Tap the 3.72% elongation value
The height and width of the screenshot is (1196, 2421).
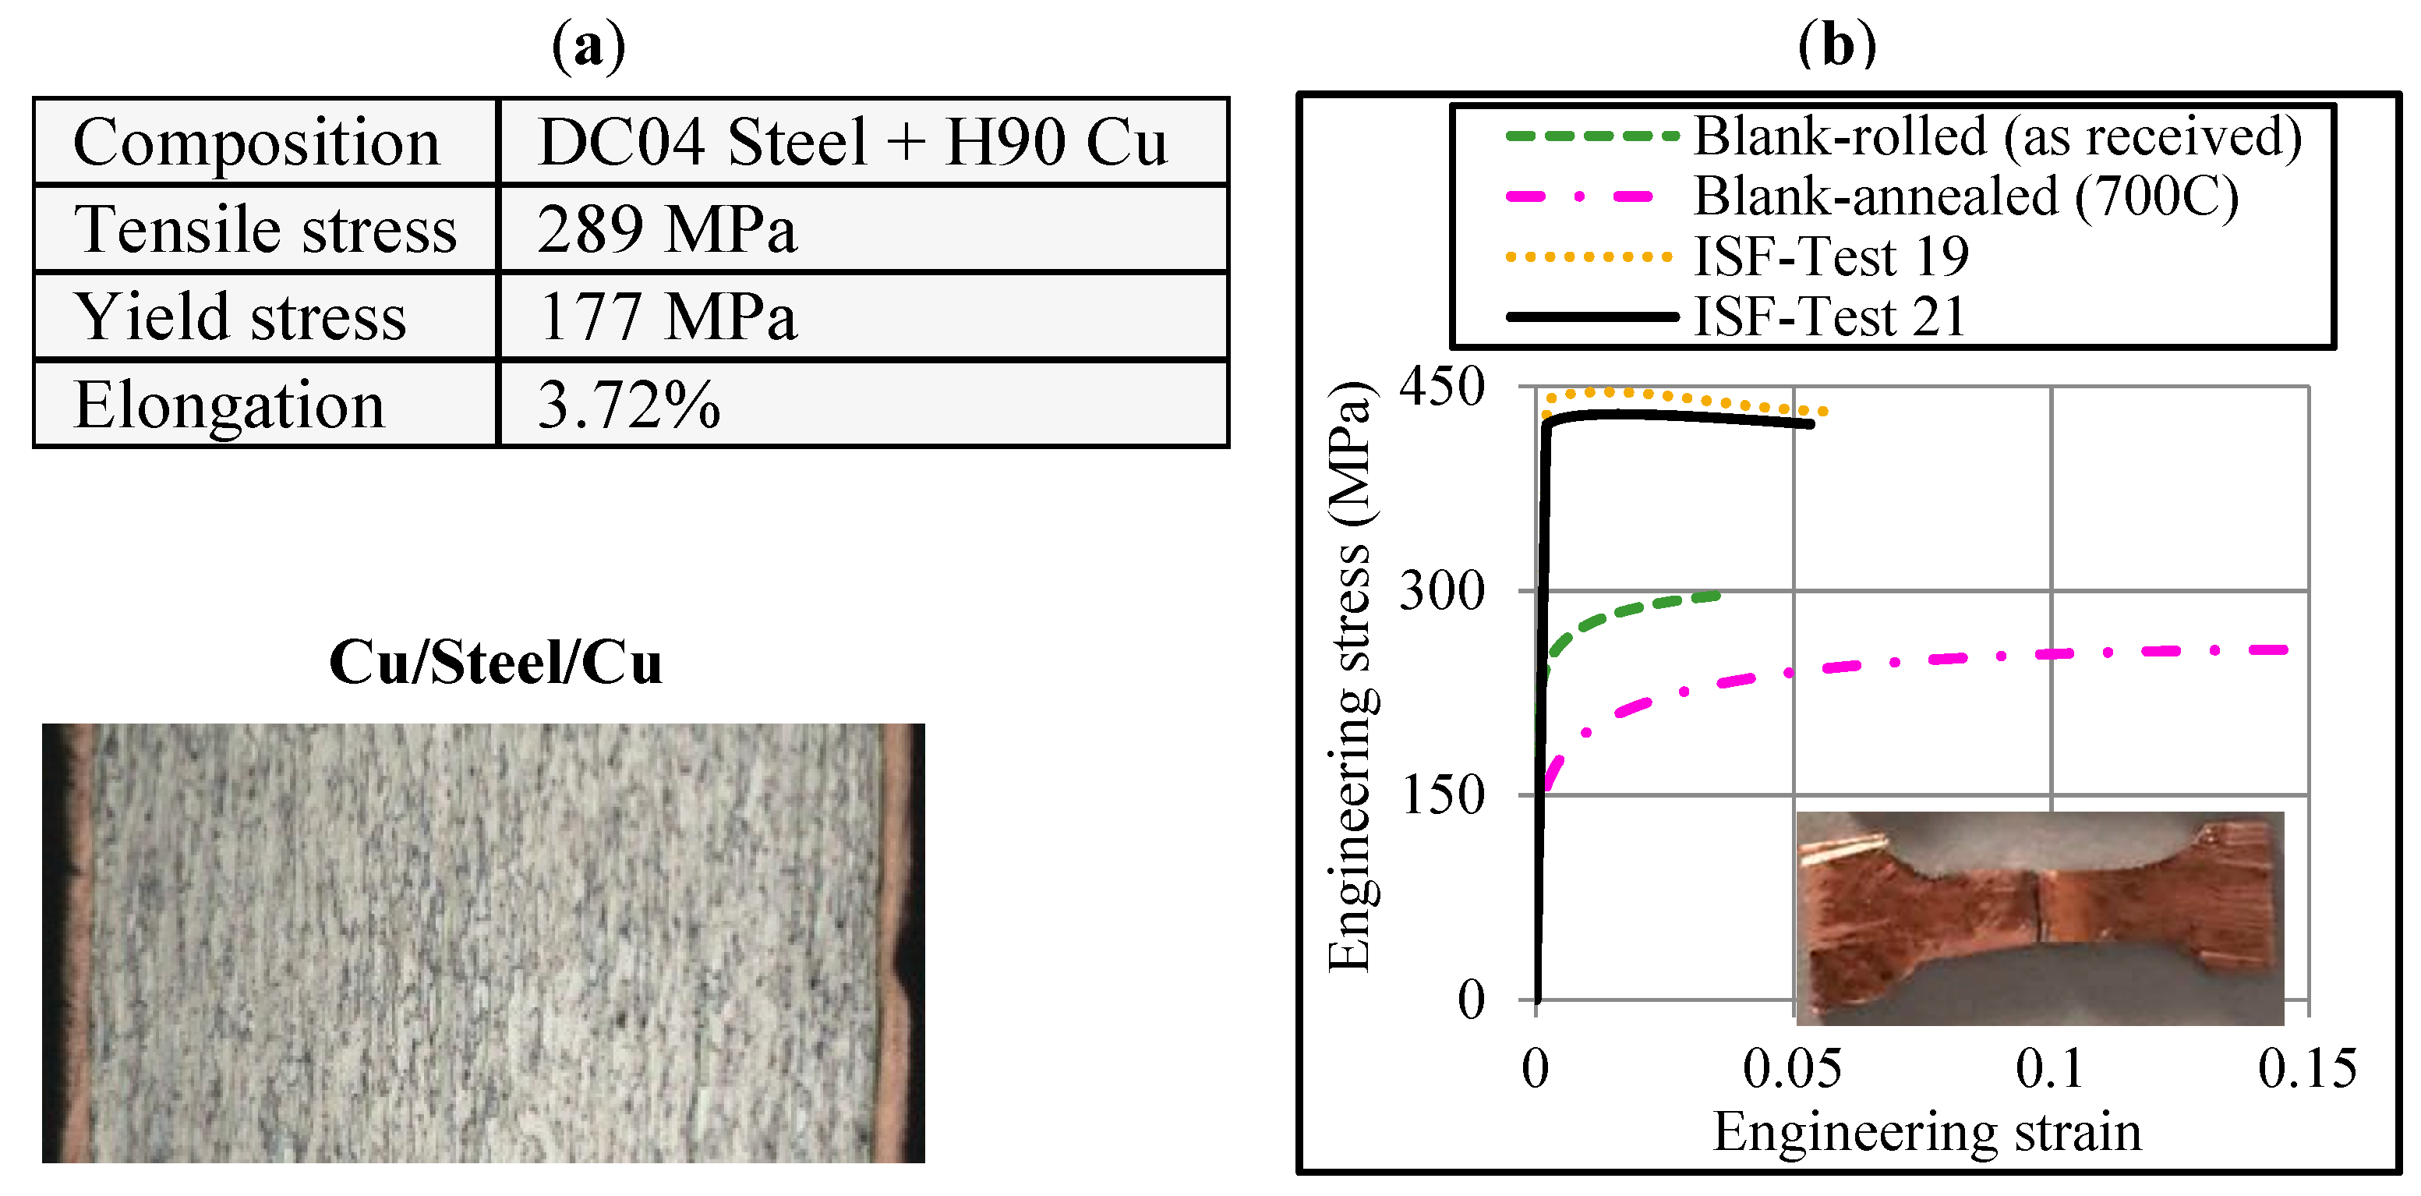click(x=627, y=405)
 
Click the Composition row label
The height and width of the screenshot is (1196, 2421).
click(x=256, y=143)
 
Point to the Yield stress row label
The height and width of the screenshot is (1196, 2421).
click(x=241, y=317)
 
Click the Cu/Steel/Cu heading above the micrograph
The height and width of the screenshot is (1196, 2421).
click(x=495, y=663)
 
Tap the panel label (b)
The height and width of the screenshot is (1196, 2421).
click(x=1836, y=45)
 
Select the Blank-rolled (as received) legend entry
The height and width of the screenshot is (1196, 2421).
click(x=1997, y=136)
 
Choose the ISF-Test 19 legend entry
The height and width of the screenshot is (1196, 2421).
click(x=1831, y=257)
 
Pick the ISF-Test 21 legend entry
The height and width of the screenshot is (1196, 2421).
click(x=1829, y=317)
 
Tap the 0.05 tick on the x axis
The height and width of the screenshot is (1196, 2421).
click(x=1791, y=1068)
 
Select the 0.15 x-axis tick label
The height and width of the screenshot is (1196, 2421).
click(x=2306, y=1068)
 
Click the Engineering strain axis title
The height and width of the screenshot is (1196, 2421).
click(x=1927, y=1131)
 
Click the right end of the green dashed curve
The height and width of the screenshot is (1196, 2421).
click(x=1716, y=595)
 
